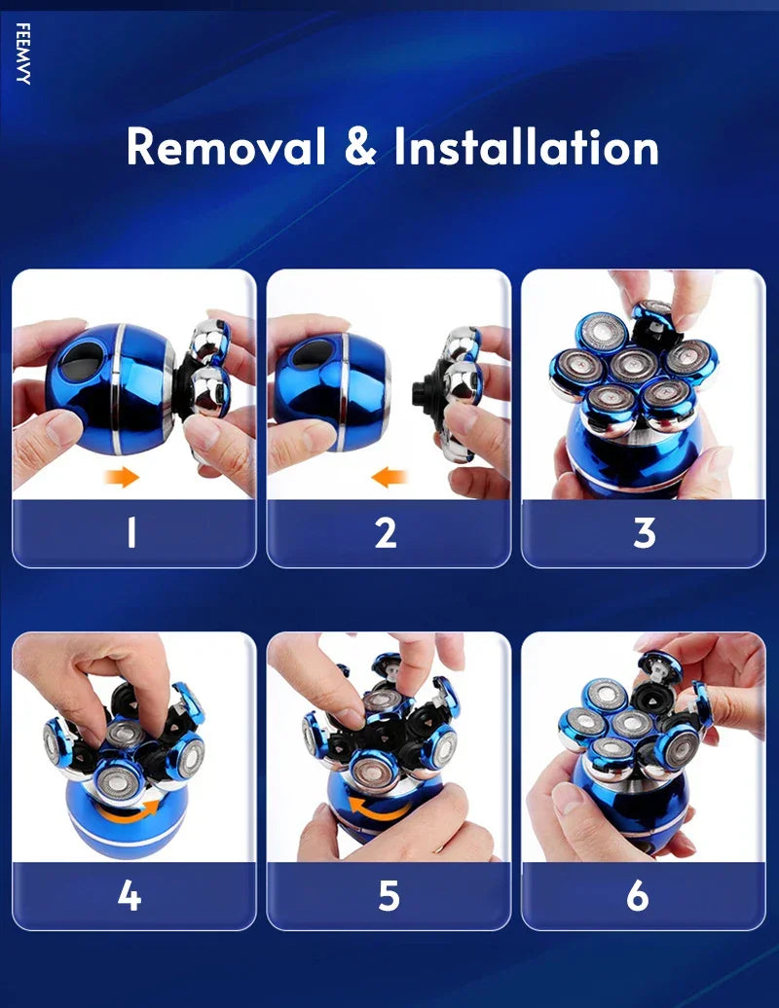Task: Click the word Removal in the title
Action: click(226, 147)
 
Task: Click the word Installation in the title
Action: click(526, 147)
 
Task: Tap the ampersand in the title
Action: click(360, 147)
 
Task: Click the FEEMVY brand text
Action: click(22, 54)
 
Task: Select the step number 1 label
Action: click(131, 533)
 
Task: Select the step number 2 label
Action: click(386, 533)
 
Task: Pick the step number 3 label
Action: click(644, 533)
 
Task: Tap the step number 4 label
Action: click(130, 895)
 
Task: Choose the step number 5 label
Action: click(389, 895)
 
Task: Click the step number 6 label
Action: click(638, 895)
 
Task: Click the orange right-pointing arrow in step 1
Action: click(122, 477)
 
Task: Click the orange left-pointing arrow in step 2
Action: click(389, 477)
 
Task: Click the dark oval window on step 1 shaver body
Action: click(81, 359)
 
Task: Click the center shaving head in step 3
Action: click(634, 365)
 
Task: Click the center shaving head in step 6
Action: click(630, 723)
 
